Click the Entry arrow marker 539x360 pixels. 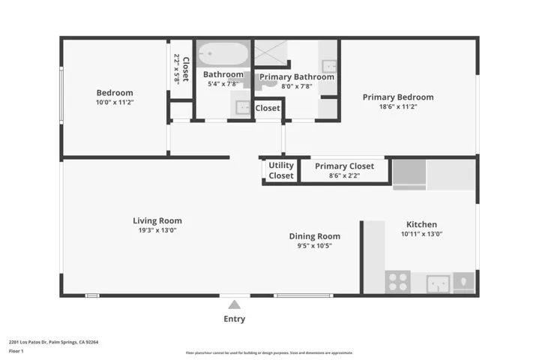234,304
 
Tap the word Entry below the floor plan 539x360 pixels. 234,319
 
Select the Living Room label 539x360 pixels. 157,220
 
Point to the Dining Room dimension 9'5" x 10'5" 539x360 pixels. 315,245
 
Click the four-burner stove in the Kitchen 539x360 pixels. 397,282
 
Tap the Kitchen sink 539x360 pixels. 437,283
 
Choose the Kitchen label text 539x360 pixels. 421,224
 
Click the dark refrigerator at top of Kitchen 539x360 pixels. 409,174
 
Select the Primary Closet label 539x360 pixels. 344,166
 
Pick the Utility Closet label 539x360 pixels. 281,170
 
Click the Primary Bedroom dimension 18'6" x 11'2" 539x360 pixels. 398,106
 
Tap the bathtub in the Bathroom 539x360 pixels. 223,54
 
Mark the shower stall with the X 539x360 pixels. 271,52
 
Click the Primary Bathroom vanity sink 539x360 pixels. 329,66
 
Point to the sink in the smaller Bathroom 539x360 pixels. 242,106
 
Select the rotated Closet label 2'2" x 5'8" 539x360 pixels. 181,69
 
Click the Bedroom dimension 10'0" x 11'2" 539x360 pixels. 115,102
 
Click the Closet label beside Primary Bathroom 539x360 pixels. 268,108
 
